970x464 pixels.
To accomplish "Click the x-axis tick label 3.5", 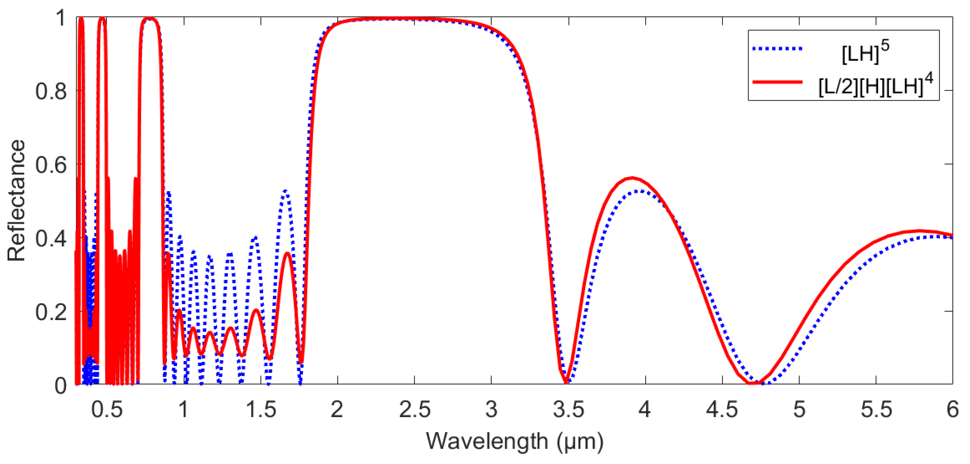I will tap(568, 409).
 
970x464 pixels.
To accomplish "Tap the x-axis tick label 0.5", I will tap(107, 409).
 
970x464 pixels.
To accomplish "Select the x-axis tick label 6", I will tap(952, 409).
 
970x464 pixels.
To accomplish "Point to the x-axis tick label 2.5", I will tap(414, 409).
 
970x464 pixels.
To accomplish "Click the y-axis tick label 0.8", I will tap(51, 91).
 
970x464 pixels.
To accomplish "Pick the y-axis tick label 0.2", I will tap(51, 312).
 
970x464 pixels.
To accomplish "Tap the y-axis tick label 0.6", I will tap(51, 165).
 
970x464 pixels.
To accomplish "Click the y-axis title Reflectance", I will tap(17, 201).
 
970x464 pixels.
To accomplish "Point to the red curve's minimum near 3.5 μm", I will tap(566, 382).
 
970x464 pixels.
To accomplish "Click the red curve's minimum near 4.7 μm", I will tap(753, 383).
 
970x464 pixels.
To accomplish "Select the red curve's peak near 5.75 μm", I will tap(919, 230).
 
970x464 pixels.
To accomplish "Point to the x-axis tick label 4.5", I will tap(722, 409).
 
